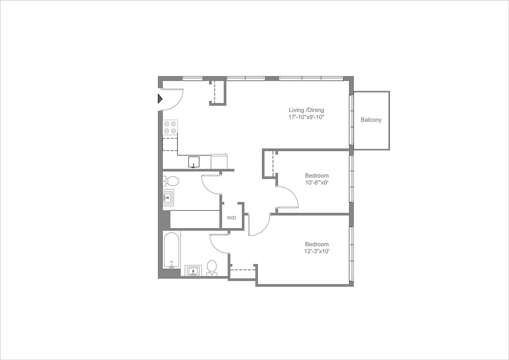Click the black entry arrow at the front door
pos(159,99)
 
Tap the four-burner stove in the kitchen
pos(170,127)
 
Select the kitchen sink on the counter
pos(194,162)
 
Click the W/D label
pos(232,218)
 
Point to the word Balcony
pos(371,120)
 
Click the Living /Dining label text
pos(306,110)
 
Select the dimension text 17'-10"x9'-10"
pos(306,117)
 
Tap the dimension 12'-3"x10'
pos(317,252)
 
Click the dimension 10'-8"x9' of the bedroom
pos(317,183)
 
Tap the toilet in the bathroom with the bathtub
pos(212,267)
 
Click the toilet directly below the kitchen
pos(171,181)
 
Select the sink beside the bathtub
pos(194,271)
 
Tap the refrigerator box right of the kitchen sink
pos(219,161)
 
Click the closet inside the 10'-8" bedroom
pos(269,164)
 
